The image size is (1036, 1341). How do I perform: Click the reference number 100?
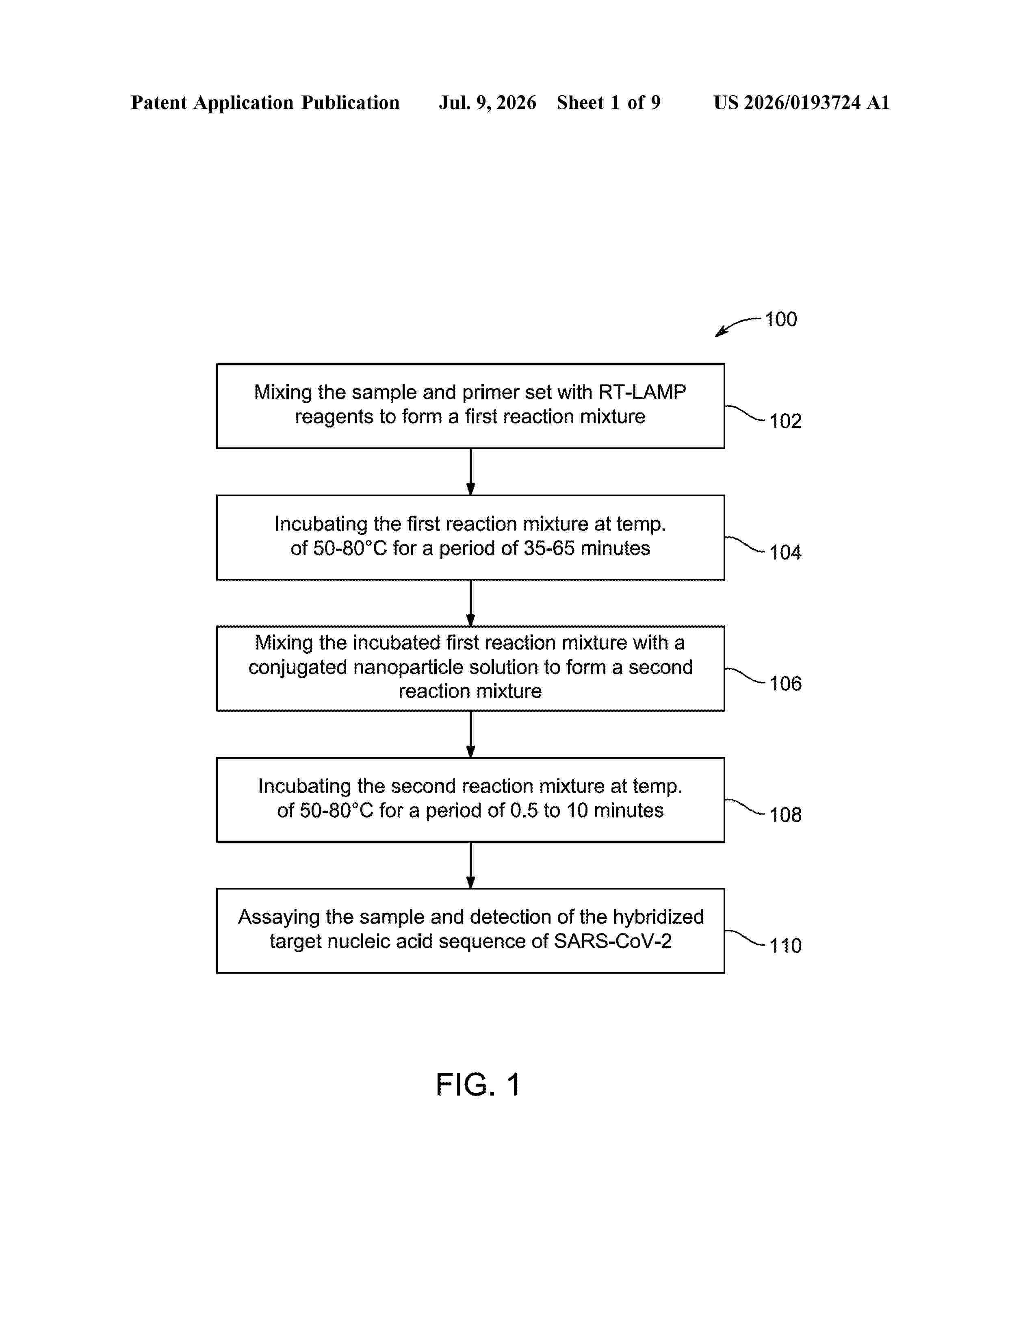point(781,319)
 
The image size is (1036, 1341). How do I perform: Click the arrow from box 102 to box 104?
point(471,471)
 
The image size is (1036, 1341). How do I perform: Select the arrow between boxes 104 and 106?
point(471,603)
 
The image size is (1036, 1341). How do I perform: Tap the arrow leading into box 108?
point(471,734)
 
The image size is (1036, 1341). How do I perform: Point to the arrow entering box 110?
point(471,865)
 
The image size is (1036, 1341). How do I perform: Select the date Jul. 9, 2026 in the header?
point(487,102)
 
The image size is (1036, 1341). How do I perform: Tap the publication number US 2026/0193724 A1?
point(802,102)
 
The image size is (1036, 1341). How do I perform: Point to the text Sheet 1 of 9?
point(609,102)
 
